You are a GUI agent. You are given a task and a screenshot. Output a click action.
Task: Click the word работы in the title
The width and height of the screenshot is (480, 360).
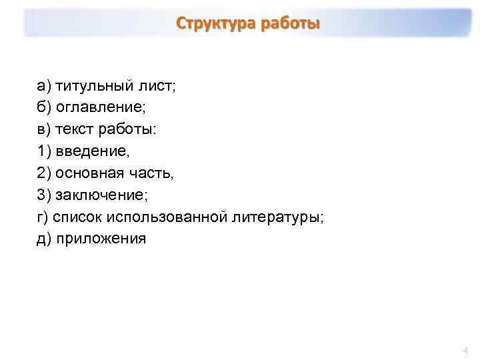tap(290, 24)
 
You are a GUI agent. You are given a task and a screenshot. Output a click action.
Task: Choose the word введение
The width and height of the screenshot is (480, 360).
tap(93, 151)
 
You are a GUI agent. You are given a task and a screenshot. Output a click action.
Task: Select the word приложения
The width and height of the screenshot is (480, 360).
tap(101, 239)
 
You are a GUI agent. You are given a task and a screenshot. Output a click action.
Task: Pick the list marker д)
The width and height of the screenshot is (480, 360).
tap(44, 239)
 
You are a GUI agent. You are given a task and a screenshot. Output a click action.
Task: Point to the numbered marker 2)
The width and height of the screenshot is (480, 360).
tap(44, 173)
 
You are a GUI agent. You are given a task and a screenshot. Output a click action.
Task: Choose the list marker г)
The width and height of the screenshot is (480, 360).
tap(43, 217)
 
